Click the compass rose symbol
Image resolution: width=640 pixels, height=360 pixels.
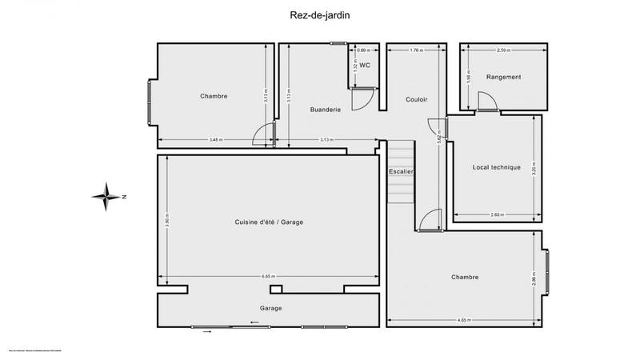click(106, 196)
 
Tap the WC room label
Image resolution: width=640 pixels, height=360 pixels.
click(364, 65)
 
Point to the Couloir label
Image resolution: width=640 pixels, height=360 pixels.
click(416, 99)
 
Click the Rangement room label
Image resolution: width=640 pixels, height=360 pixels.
click(503, 77)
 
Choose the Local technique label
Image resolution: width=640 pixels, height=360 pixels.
click(497, 167)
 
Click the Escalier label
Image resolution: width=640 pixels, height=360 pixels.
click(401, 172)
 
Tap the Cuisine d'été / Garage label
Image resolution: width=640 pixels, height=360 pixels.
click(269, 222)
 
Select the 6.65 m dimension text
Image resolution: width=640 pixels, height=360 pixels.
click(269, 277)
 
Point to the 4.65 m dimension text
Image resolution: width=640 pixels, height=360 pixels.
click(463, 320)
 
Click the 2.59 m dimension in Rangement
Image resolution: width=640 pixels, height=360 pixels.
click(503, 50)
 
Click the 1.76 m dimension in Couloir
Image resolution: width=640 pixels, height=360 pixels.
click(416, 50)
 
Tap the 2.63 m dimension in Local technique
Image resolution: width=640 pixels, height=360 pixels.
click(496, 214)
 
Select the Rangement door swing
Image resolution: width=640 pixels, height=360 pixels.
click(486, 101)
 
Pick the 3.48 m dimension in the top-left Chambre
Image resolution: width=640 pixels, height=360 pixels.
click(215, 140)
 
